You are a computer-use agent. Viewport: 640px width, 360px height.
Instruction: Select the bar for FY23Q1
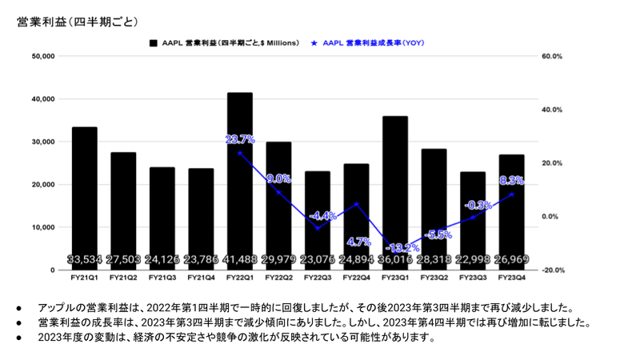396,184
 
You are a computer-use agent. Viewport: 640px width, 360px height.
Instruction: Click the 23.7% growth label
240,139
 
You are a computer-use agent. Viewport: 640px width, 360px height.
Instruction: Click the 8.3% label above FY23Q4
513,181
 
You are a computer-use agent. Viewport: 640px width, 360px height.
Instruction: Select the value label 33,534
84,259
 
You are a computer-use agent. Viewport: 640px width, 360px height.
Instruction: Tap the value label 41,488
240,259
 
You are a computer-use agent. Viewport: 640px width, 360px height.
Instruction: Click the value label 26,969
513,259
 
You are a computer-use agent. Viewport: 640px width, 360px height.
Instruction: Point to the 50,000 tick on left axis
41,56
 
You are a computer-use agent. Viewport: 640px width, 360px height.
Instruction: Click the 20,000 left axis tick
41,185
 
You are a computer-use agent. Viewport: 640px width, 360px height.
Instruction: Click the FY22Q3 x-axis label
318,278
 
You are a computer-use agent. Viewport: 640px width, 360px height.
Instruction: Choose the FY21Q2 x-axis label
123,278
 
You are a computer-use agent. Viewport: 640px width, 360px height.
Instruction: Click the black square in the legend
153,42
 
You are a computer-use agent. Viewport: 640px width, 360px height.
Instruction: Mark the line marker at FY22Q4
357,204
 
